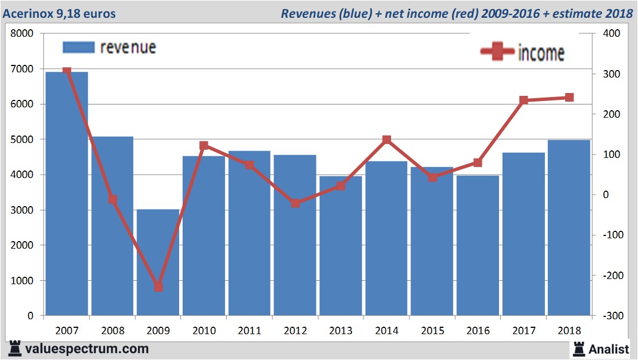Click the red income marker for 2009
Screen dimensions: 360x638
pos(158,287)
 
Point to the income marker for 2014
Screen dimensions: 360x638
pos(386,140)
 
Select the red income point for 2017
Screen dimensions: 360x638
pos(523,100)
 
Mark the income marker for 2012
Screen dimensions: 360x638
pos(295,203)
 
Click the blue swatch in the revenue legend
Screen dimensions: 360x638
pos(78,47)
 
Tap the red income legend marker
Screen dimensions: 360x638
pos(497,52)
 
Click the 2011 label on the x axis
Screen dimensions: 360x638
pos(249,331)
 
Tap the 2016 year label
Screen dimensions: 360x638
pos(478,331)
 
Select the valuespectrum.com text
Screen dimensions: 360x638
pos(86,349)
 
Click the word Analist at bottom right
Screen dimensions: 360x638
pos(608,349)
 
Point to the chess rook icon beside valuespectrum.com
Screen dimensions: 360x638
pos(15,349)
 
